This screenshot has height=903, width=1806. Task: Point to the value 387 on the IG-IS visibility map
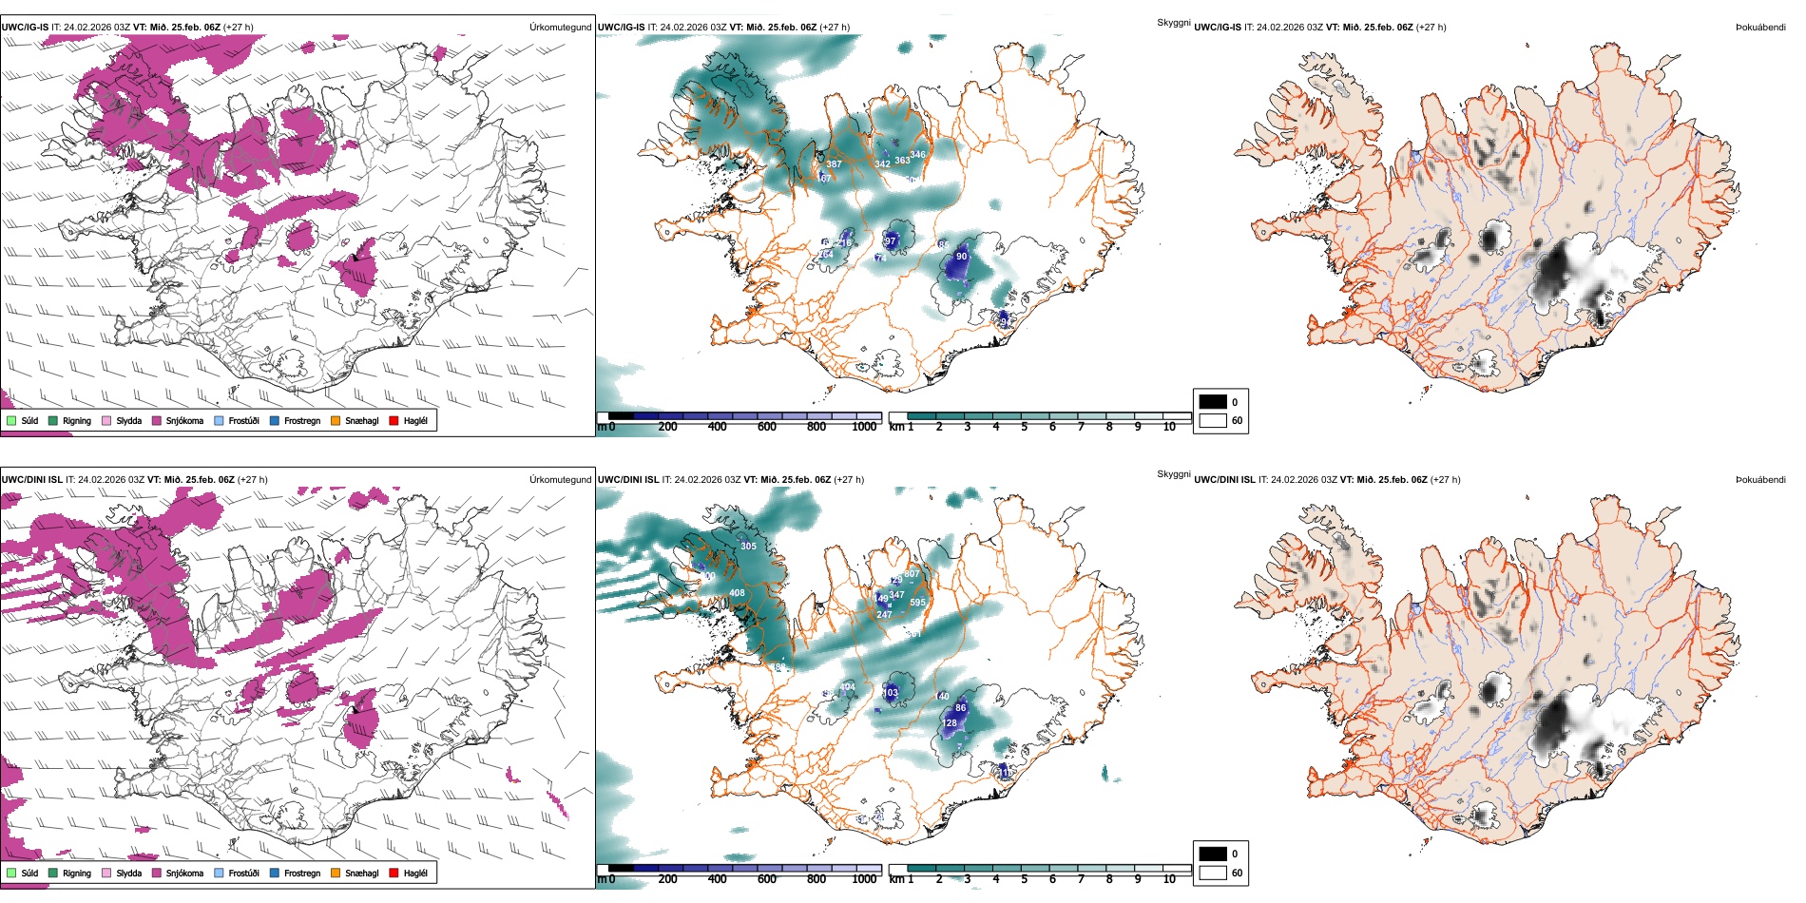(x=834, y=164)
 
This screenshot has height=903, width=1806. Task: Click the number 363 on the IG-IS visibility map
(x=902, y=161)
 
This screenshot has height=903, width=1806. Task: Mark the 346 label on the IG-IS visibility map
(x=917, y=154)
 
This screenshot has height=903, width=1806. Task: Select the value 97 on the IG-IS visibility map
(x=891, y=241)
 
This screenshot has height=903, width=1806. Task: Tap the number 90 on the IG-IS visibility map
(x=961, y=257)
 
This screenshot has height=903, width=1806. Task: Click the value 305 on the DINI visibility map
(x=749, y=547)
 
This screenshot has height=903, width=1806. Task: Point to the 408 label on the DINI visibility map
(x=737, y=593)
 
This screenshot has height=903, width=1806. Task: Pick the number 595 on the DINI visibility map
(x=917, y=603)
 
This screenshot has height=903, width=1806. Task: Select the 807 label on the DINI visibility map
(x=912, y=574)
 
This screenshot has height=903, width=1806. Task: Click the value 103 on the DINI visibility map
(x=891, y=693)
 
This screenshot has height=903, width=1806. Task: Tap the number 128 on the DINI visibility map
(x=950, y=723)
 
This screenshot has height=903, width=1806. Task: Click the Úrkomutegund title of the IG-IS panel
(x=560, y=28)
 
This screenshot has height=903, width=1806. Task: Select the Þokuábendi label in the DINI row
(x=1760, y=480)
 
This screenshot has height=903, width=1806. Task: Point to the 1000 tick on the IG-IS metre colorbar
(x=864, y=427)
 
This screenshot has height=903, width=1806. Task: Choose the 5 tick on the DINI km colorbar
(x=1024, y=879)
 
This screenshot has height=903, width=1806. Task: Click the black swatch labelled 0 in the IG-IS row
(x=1213, y=402)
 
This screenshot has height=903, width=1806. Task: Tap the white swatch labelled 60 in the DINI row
(x=1213, y=873)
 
